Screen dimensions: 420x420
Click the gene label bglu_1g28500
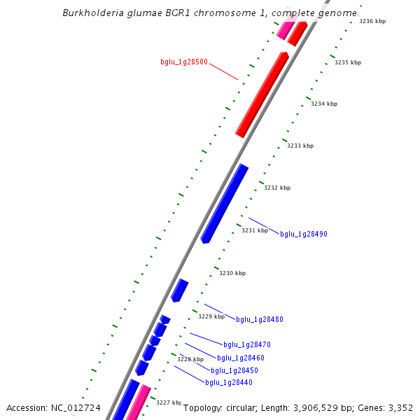coord(183,62)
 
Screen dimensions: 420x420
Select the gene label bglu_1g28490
coord(304,234)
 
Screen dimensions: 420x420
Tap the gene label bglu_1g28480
coord(259,319)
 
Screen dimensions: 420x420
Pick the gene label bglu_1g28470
coord(247,344)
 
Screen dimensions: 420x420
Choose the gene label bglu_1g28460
coord(241,358)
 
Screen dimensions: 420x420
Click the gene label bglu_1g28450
coord(234,370)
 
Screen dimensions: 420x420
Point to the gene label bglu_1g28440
coord(229,382)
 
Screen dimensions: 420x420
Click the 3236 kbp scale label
coord(372,21)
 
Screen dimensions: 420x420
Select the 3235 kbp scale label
coord(348,62)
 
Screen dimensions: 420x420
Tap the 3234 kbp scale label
coord(324,104)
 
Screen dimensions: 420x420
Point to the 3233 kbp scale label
coord(300,146)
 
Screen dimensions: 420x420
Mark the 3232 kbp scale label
coord(277,188)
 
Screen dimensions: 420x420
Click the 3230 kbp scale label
coord(232,273)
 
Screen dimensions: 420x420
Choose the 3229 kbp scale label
coord(211,316)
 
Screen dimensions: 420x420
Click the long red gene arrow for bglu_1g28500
coord(262,94)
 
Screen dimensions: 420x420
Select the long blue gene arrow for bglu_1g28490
coord(224,204)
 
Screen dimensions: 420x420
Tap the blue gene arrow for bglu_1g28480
coord(180,290)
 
